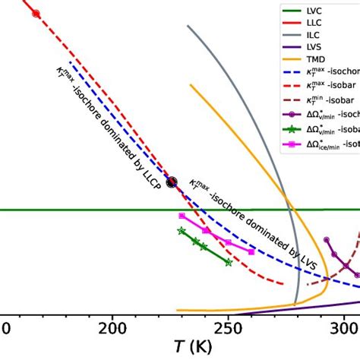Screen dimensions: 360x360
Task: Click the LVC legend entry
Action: click(x=314, y=11)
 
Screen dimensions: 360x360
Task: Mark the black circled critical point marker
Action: click(x=172, y=182)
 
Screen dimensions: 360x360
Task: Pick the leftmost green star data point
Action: click(x=181, y=230)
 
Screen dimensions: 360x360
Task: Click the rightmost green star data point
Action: click(x=229, y=262)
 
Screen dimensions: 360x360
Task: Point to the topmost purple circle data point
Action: click(x=327, y=239)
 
